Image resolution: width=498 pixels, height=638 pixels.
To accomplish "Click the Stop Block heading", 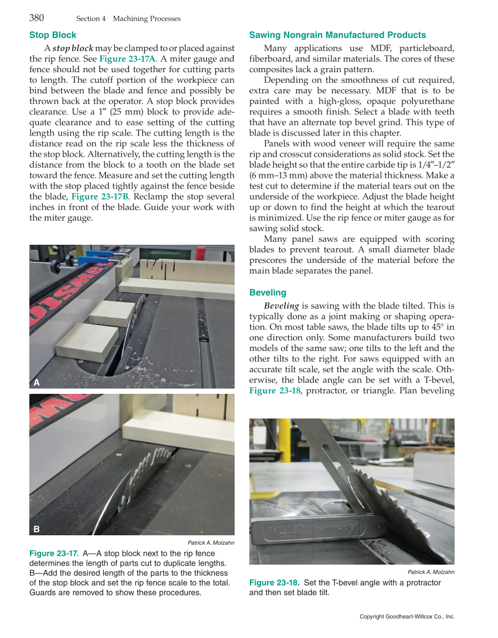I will (53, 35).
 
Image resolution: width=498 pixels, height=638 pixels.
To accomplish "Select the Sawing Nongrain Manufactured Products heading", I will (337, 35).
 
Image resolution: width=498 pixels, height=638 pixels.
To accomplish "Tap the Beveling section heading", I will (267, 292).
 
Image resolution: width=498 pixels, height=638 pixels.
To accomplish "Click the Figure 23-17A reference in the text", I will (127, 59).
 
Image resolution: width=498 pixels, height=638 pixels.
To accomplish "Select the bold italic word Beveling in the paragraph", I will (282, 306).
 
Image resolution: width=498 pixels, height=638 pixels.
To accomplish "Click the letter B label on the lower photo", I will (36, 529).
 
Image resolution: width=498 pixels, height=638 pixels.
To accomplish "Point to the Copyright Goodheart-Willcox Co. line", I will (407, 617).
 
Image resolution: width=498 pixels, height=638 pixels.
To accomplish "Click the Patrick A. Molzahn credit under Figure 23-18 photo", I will (431, 572).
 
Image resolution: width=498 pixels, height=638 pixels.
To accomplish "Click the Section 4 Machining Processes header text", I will (128, 19).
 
